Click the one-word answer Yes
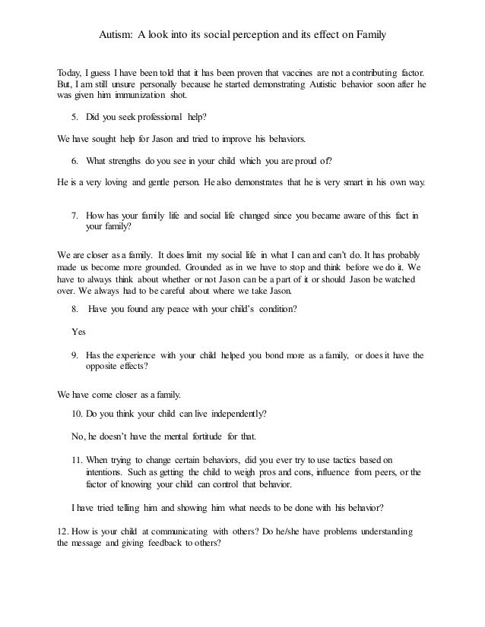(78, 332)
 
